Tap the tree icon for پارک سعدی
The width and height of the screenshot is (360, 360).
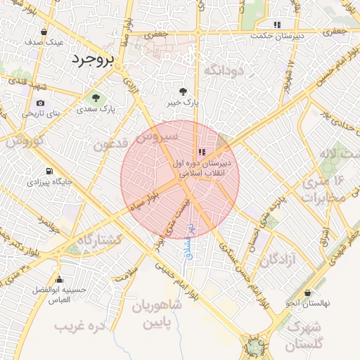pyautogui.click(x=96, y=97)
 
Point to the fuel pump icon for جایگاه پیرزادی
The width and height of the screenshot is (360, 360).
pyautogui.click(x=49, y=171)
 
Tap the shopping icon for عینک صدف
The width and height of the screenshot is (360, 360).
pyautogui.click(x=44, y=32)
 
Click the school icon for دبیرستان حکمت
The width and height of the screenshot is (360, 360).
pyautogui.click(x=277, y=25)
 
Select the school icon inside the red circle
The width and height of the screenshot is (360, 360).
pyautogui.click(x=202, y=151)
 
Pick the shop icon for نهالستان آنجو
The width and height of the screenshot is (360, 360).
pyautogui.click(x=307, y=293)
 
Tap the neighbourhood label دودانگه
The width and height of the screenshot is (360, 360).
pyautogui.click(x=223, y=70)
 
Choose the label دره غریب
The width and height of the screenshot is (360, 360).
pyautogui.click(x=79, y=327)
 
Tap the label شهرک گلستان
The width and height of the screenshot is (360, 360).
pyautogui.click(x=304, y=336)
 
